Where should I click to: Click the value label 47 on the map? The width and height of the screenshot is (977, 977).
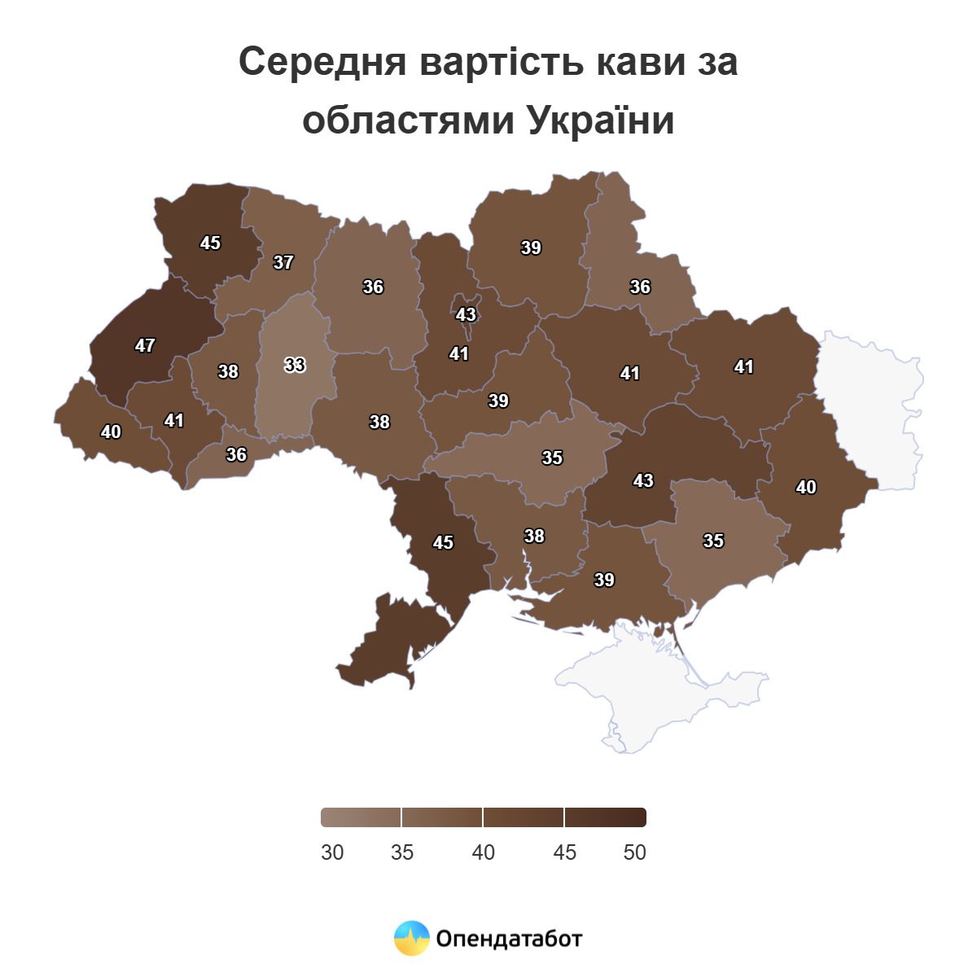(145, 346)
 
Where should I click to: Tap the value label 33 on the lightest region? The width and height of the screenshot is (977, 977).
(295, 366)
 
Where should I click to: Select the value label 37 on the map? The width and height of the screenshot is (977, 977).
(283, 263)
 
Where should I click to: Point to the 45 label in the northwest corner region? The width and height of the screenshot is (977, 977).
(210, 243)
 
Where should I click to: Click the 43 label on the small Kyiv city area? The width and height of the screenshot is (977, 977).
(466, 314)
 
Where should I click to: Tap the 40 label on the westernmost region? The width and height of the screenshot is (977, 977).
(111, 432)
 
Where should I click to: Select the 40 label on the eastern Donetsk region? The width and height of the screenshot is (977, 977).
(806, 488)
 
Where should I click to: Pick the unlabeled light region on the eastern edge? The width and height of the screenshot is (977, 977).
(871, 407)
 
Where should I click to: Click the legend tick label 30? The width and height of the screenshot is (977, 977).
(332, 852)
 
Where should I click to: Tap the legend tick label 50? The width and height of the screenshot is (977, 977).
(634, 852)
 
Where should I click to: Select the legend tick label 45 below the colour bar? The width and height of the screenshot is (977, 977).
(564, 852)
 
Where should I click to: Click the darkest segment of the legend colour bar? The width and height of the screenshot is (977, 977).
(605, 817)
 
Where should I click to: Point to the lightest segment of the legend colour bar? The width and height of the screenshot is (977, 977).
(361, 817)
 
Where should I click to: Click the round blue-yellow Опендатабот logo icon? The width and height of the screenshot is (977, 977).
(411, 939)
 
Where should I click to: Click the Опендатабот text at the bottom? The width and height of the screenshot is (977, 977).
(509, 939)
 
